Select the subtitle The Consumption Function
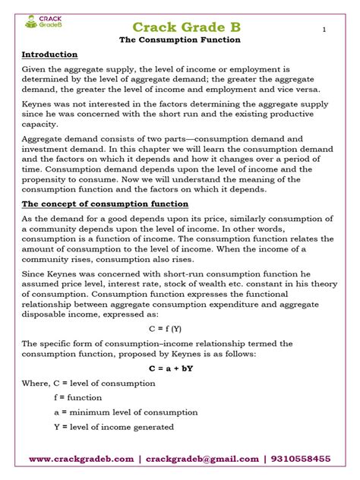(180, 40)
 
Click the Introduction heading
(49, 55)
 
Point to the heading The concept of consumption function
(105, 204)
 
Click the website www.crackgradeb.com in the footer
(81, 459)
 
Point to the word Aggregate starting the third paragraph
(44, 140)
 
